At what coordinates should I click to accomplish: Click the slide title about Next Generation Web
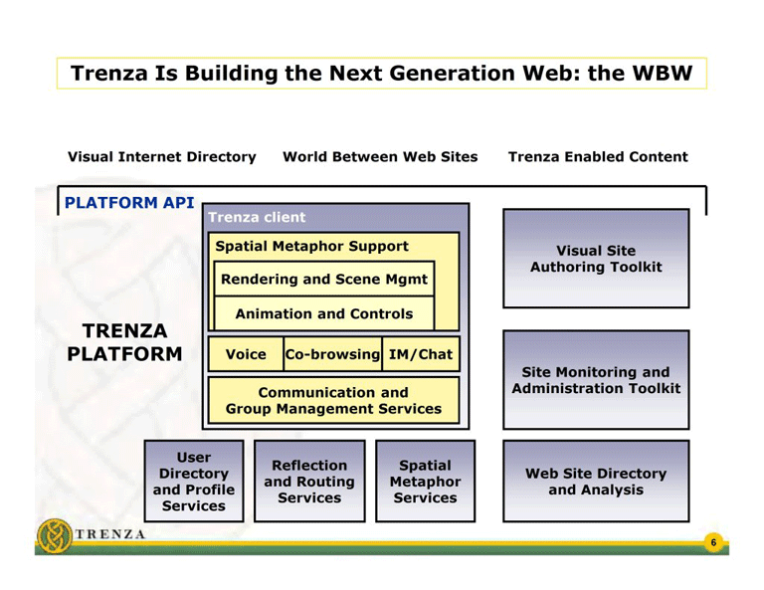[x=382, y=74]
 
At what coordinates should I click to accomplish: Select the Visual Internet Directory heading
[x=161, y=157]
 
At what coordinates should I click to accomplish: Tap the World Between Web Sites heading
[x=380, y=157]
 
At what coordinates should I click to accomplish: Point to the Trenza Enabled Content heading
[x=597, y=157]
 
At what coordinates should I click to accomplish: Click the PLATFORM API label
[x=128, y=202]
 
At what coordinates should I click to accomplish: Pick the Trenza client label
[x=257, y=217]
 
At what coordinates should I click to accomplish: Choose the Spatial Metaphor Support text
[x=311, y=246]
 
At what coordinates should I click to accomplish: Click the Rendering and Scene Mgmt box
[x=323, y=280]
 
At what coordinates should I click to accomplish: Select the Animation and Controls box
[x=323, y=313]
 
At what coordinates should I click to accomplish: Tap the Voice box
[x=246, y=354]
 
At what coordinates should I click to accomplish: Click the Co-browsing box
[x=332, y=354]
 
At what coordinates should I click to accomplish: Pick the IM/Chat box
[x=420, y=354]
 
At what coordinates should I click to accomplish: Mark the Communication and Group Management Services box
[x=333, y=400]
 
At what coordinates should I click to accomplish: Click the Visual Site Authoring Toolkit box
[x=595, y=259]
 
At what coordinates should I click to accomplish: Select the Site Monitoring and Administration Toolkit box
[x=595, y=380]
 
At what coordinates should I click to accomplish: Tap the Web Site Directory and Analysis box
[x=595, y=482]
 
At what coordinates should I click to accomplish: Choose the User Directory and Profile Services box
[x=194, y=482]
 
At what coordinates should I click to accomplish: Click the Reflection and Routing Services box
[x=309, y=482]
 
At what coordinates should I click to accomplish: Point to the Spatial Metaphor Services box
[x=425, y=482]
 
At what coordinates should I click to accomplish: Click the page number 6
[x=712, y=542]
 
